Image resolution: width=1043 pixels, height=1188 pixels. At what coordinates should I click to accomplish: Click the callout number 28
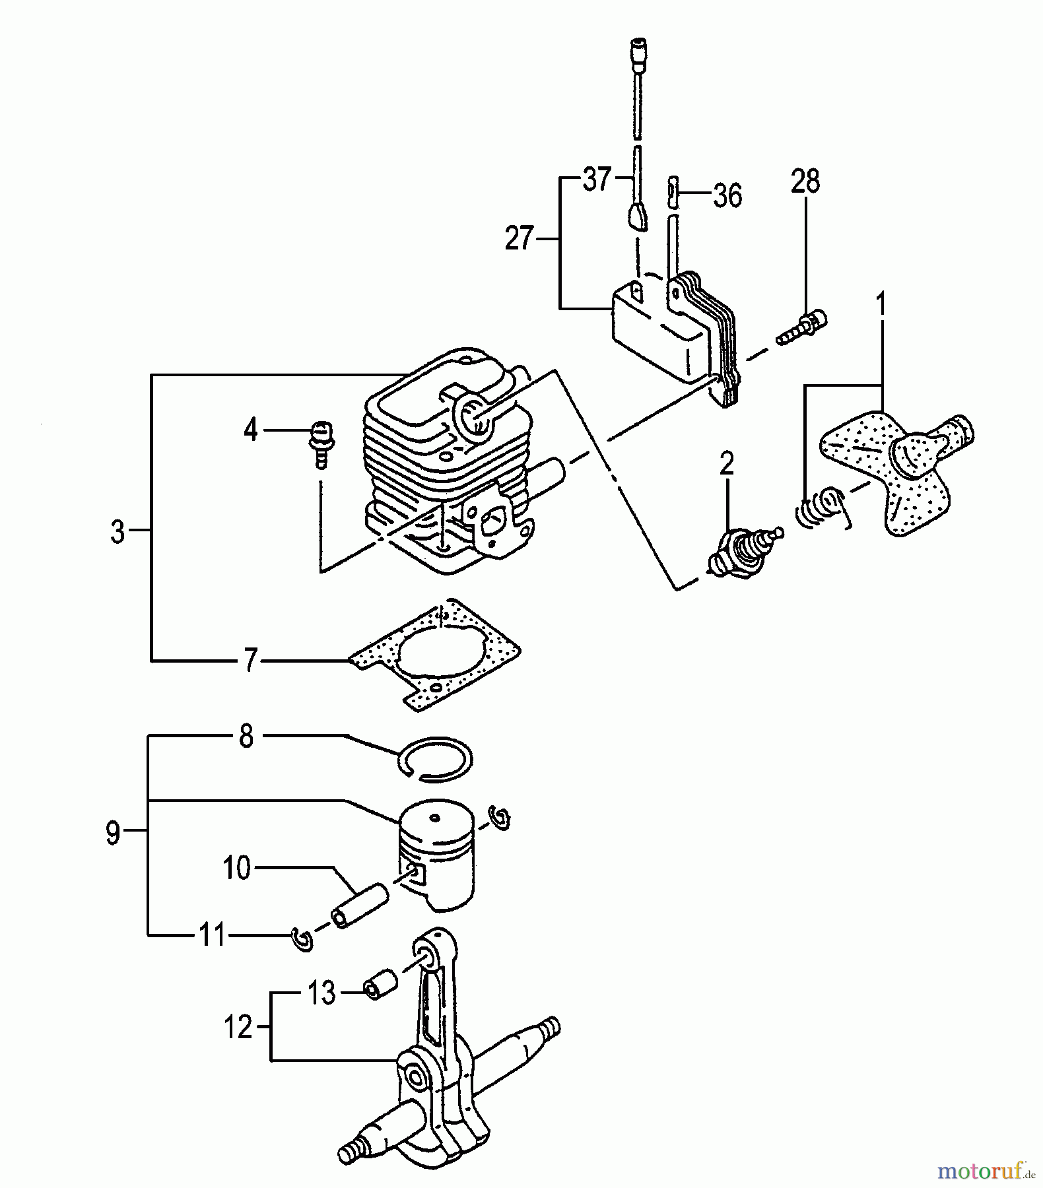(x=805, y=181)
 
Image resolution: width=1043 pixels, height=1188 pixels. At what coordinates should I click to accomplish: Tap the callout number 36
(x=727, y=195)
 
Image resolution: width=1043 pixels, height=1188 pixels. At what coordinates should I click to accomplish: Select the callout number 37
(x=597, y=179)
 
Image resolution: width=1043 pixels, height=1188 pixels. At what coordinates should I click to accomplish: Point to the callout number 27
(x=519, y=238)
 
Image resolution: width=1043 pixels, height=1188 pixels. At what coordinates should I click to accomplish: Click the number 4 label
(x=250, y=430)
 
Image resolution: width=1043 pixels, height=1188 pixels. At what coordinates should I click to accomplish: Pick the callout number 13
(x=322, y=993)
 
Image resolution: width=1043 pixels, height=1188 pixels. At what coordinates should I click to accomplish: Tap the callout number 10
(x=236, y=868)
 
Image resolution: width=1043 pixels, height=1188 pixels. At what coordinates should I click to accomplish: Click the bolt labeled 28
(x=803, y=328)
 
